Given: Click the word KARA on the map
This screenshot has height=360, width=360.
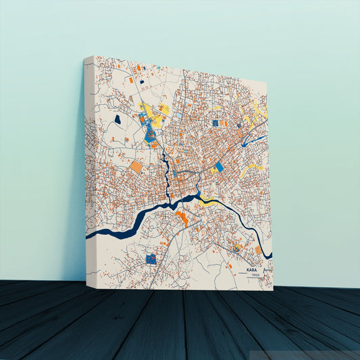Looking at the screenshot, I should tap(252, 269).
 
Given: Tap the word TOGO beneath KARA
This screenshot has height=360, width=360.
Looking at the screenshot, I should tap(255, 276).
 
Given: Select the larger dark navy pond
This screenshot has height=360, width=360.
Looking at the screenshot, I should tap(118, 120).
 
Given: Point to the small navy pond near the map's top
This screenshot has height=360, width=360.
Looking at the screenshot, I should tap(143, 82).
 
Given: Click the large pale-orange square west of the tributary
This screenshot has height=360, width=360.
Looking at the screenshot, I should tap(136, 166).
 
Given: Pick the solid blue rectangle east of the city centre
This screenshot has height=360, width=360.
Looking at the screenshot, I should tap(219, 167).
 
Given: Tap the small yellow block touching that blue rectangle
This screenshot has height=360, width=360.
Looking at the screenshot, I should tap(213, 170).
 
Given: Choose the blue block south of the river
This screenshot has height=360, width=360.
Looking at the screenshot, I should tap(151, 258).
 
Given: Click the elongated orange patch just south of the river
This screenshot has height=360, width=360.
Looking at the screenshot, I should tap(182, 217).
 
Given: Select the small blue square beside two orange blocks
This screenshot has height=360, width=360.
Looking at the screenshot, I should tap(215, 123).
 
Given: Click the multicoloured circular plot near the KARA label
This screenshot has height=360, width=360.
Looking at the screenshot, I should tap(236, 249).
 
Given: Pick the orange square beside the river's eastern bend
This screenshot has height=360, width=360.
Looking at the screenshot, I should tap(258, 250).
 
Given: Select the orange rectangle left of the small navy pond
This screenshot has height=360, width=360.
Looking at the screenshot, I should tap(138, 68).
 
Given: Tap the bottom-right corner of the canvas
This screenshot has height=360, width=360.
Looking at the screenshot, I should tap(272, 289).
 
